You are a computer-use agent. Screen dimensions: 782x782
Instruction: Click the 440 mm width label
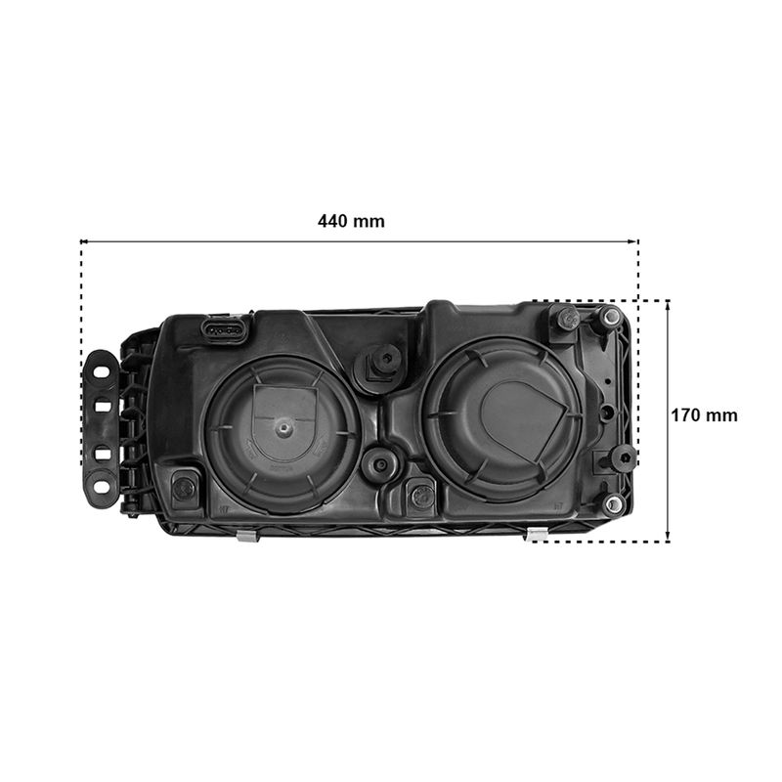point(351,221)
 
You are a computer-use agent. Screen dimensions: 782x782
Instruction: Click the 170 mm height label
point(704,414)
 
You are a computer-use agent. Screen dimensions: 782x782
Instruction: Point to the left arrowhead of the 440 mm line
point(83,241)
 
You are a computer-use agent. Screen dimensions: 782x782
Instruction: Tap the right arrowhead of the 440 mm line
point(634,241)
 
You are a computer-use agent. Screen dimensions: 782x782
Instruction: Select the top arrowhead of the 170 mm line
point(668,303)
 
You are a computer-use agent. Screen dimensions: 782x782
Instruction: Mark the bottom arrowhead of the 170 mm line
point(668,538)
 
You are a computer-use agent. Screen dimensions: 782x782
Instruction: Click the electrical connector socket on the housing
point(224,329)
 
